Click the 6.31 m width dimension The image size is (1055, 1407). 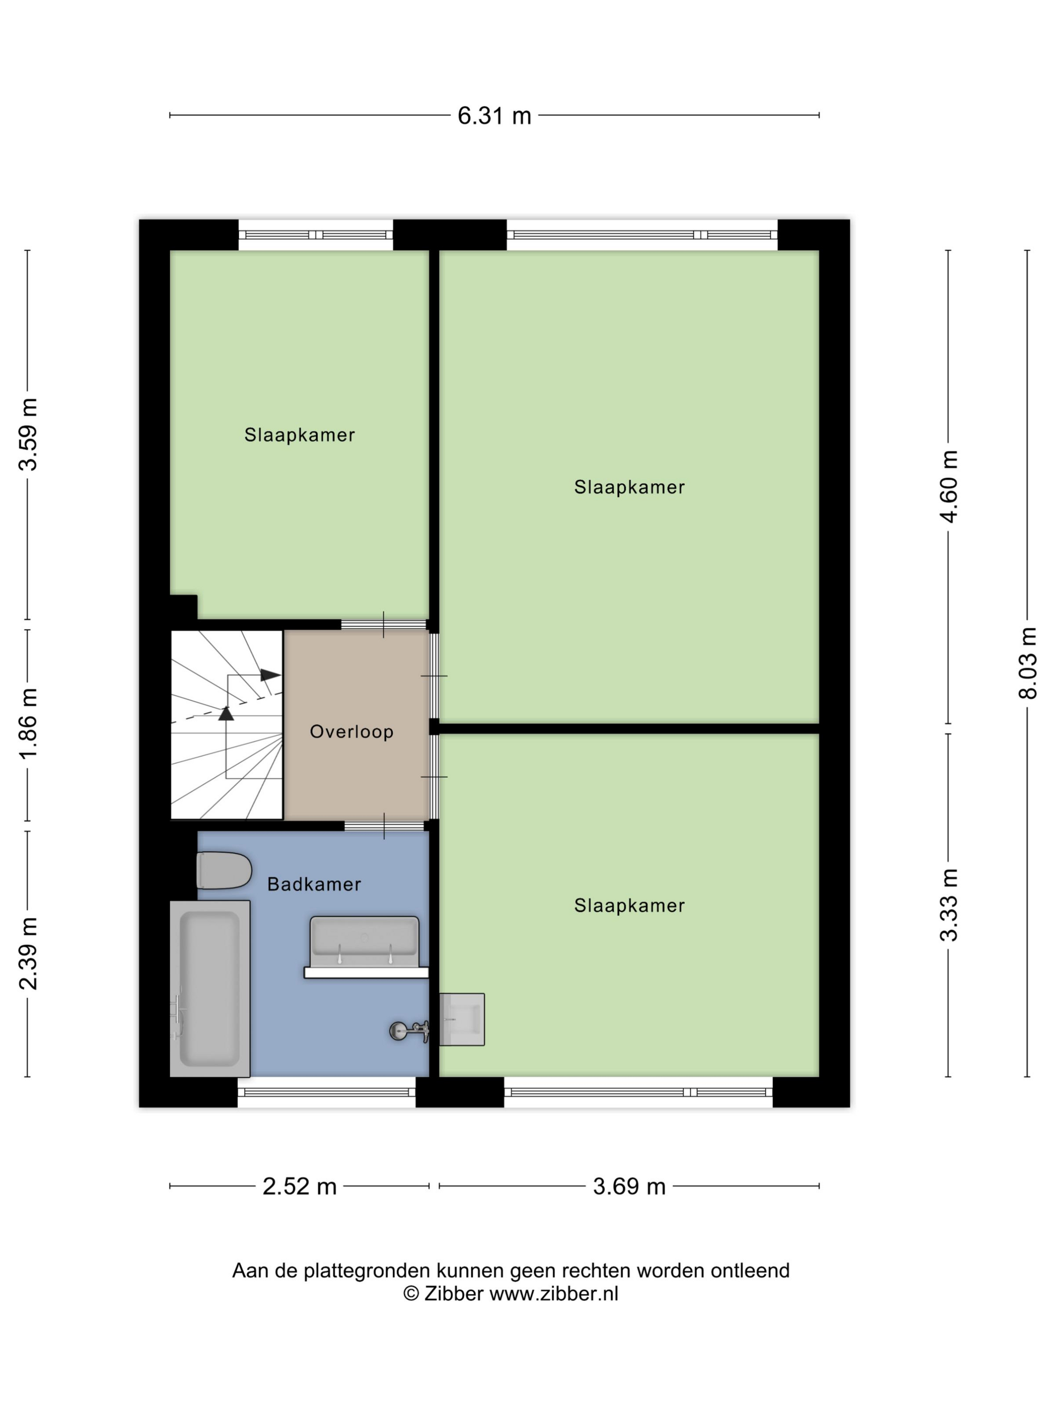point(494,116)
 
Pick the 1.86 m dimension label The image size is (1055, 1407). point(28,724)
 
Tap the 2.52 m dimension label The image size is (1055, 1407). point(299,1186)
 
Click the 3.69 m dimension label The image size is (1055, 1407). point(629,1186)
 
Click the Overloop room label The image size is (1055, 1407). point(352,732)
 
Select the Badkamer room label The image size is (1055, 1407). point(314,884)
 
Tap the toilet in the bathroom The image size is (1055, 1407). point(224,870)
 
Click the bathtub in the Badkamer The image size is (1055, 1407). point(210,988)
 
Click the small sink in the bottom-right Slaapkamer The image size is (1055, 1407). point(462,1019)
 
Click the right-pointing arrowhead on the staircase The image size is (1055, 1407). point(270,675)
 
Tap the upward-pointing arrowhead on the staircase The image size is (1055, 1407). point(226,713)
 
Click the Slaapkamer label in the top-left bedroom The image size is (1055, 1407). point(299,435)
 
